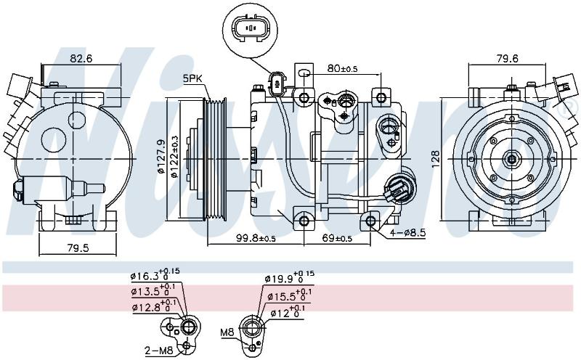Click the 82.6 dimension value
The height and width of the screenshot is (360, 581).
[81, 58]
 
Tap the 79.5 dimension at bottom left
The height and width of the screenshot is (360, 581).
[78, 247]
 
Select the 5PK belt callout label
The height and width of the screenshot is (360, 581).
[192, 78]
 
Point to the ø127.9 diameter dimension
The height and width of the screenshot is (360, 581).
[161, 156]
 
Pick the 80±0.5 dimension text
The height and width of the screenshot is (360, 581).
[342, 68]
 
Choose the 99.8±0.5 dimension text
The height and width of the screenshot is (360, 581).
[256, 238]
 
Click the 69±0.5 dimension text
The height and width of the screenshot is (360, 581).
[337, 238]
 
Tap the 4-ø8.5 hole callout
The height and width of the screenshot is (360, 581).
[407, 233]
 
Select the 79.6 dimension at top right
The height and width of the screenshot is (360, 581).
[507, 58]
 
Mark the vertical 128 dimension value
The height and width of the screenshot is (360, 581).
[436, 158]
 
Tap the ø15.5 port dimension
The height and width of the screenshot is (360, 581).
[289, 295]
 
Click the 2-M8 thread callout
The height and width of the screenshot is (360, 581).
[159, 350]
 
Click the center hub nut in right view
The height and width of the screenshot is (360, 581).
[512, 159]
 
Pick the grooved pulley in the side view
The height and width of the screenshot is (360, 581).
[215, 159]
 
